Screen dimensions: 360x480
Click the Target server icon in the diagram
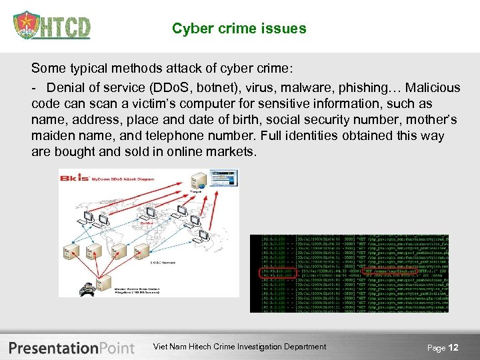[x=197, y=182]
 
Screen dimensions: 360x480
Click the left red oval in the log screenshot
[x=275, y=273]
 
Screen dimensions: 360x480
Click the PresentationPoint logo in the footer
[x=71, y=347]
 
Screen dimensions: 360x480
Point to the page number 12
[x=453, y=347]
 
